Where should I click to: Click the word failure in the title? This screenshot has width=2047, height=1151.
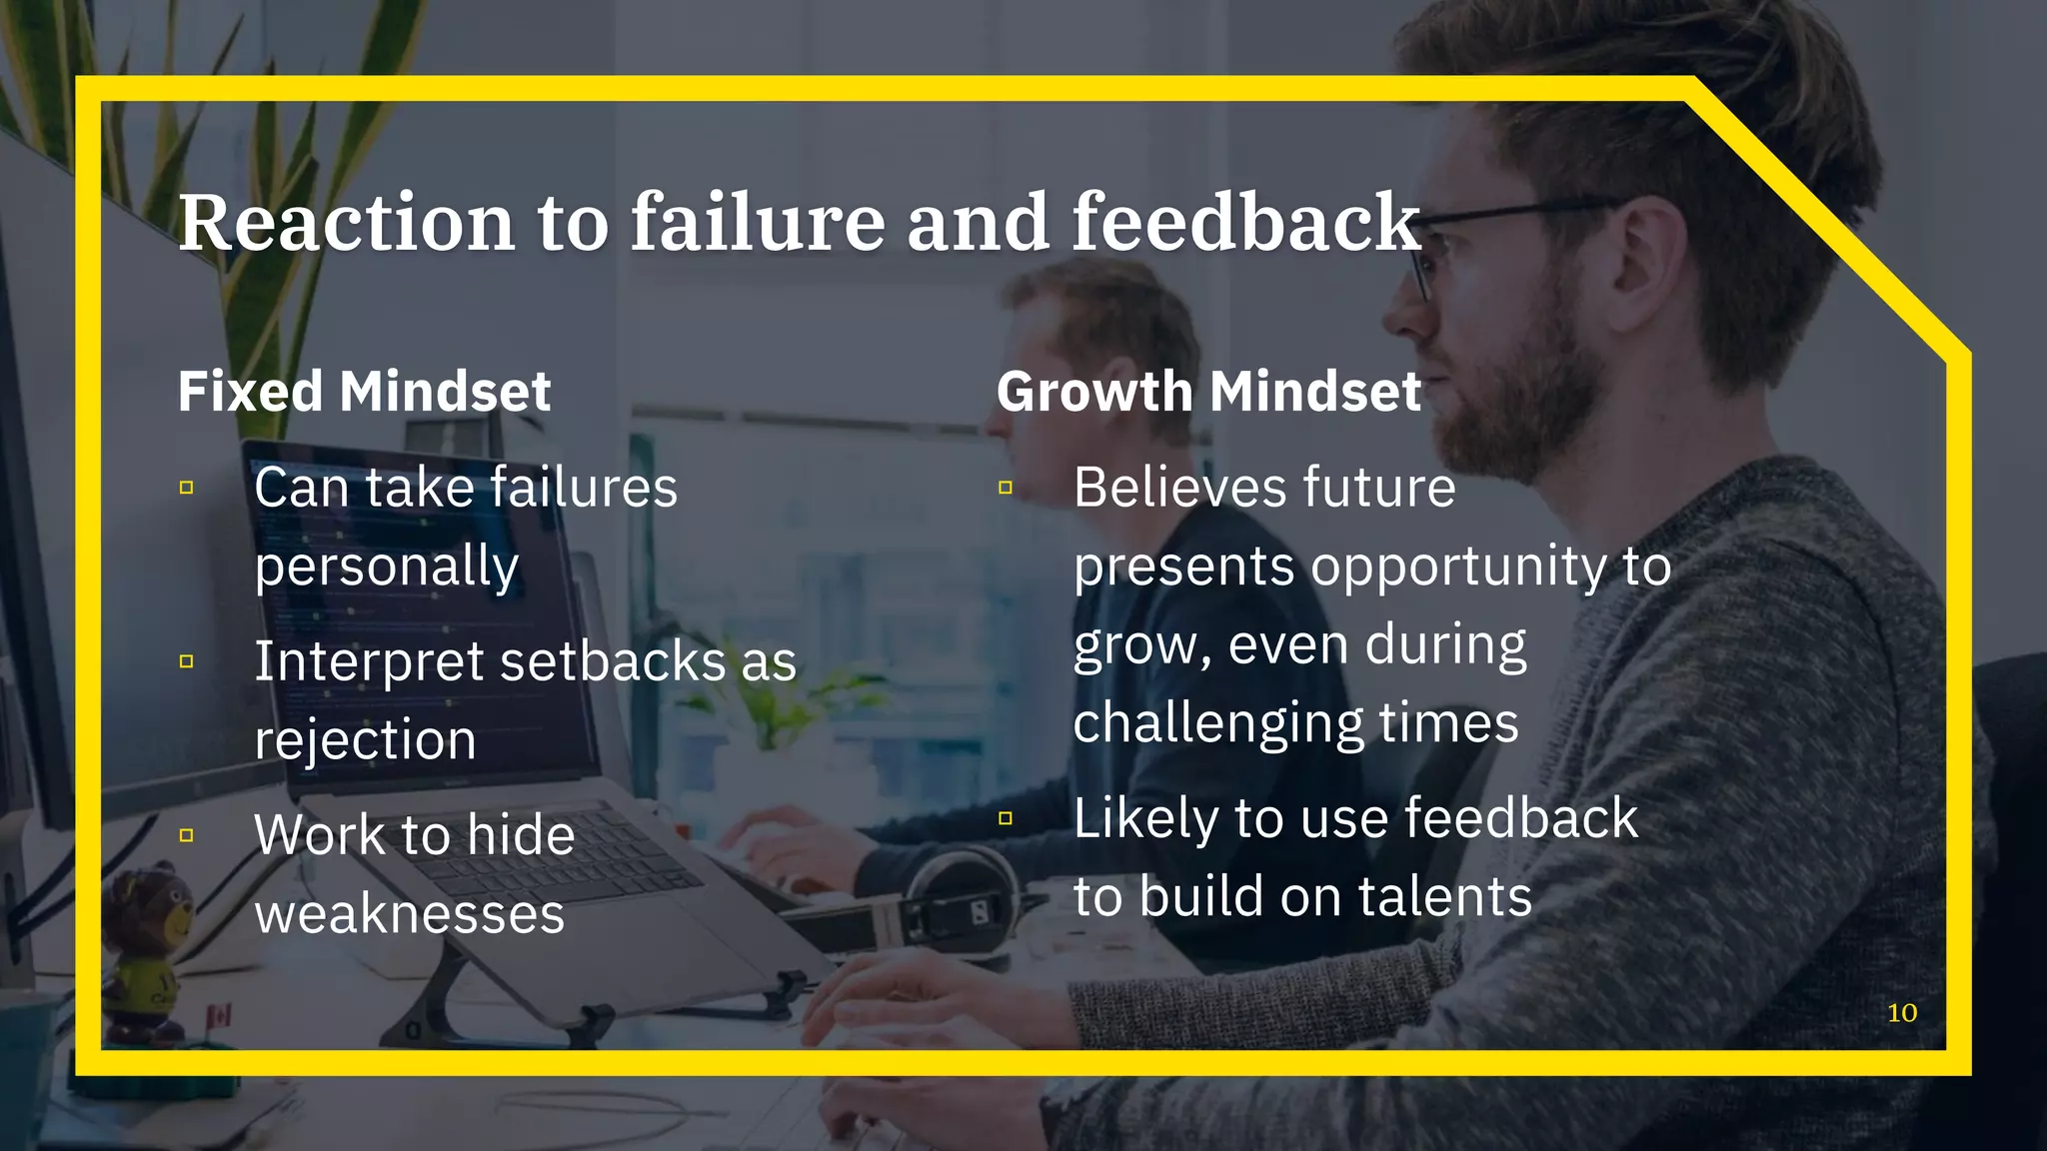[757, 222]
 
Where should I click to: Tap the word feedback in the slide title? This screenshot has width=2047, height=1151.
[1245, 222]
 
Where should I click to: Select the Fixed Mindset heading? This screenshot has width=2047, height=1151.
[364, 391]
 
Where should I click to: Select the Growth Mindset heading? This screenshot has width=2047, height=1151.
[1208, 391]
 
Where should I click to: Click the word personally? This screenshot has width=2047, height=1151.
[387, 568]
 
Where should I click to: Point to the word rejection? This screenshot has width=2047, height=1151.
[366, 740]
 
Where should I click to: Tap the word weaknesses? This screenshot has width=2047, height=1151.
[410, 913]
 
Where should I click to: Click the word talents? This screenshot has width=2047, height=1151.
[1444, 896]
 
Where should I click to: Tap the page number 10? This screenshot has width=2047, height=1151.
[1901, 1013]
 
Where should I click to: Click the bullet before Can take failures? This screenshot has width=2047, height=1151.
[187, 489]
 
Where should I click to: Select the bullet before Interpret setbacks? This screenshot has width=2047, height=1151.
[187, 661]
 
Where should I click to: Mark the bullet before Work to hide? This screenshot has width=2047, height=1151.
[187, 835]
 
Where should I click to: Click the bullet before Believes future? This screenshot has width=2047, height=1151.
[1006, 489]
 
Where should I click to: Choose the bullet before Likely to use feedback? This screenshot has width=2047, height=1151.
[1006, 819]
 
